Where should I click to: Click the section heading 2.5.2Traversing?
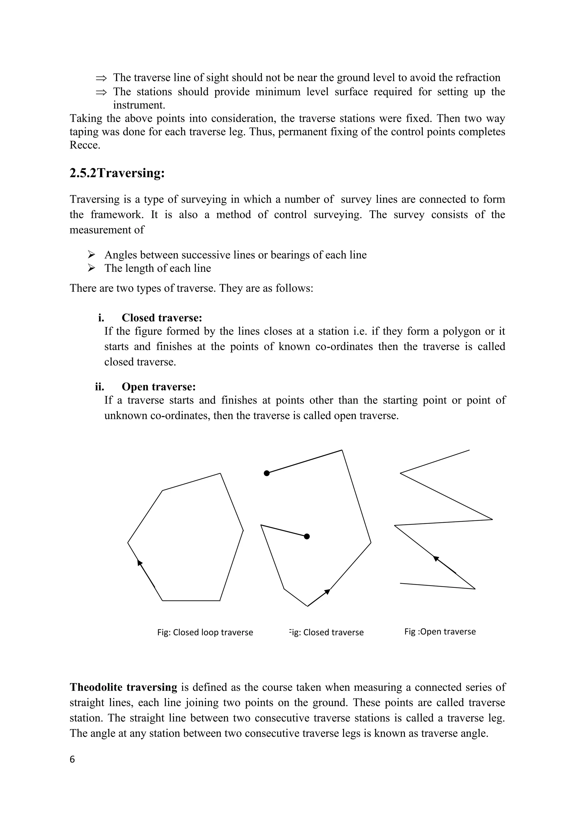pyautogui.click(x=117, y=173)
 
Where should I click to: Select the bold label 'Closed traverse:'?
pyautogui.click(x=162, y=318)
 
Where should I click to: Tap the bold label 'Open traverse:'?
pyautogui.click(x=159, y=387)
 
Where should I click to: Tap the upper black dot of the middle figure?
pyautogui.click(x=267, y=473)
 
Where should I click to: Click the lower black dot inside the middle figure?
pyautogui.click(x=307, y=536)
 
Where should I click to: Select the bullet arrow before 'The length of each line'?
pyautogui.click(x=92, y=268)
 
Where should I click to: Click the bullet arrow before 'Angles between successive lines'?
pyautogui.click(x=92, y=255)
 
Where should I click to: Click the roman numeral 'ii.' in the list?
pyautogui.click(x=99, y=387)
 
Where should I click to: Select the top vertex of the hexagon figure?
pyautogui.click(x=220, y=473)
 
